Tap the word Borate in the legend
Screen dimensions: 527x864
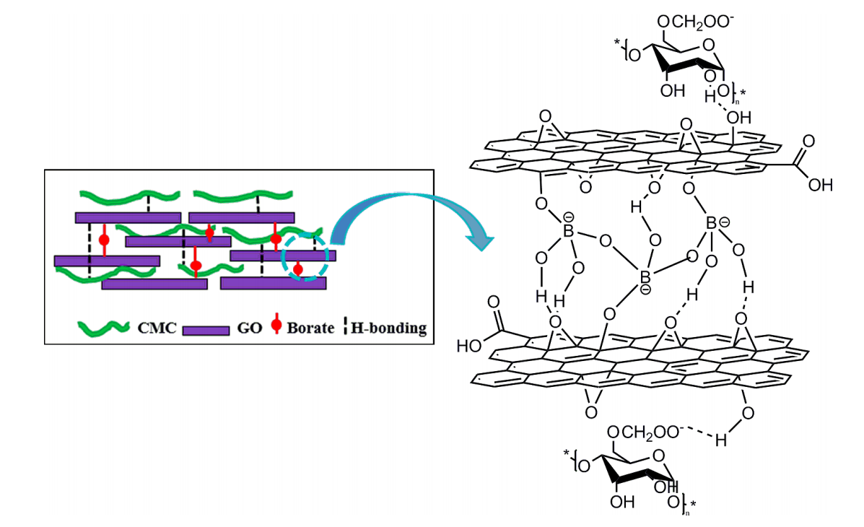311,328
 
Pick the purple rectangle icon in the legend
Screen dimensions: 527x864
206,330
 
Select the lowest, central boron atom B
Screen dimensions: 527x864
645,276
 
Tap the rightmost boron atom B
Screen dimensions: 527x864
711,224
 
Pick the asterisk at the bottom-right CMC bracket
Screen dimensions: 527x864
694,503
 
